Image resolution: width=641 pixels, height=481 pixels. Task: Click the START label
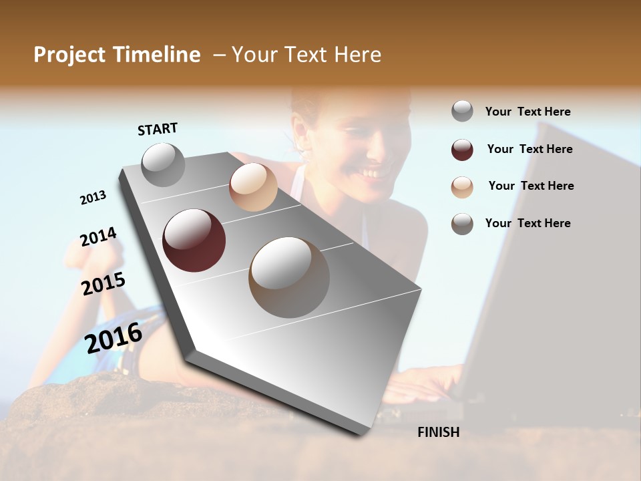coord(158,129)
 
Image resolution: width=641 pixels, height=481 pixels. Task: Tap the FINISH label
coord(438,432)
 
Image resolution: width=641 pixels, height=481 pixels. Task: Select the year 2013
coord(93,198)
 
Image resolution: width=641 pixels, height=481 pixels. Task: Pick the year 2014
coord(98,236)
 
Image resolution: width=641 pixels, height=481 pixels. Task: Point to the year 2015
coord(103,284)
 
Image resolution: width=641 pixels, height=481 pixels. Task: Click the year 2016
coord(114,337)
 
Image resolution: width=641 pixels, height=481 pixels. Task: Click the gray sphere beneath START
coord(163,164)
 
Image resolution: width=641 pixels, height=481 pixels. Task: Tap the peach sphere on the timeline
coord(253,186)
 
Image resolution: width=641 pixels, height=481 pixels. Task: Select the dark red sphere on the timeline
coord(194,240)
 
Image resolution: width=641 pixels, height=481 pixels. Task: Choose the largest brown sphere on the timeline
coord(289,277)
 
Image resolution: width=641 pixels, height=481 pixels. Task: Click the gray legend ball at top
coord(462,111)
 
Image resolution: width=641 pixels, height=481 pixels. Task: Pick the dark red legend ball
coord(462,150)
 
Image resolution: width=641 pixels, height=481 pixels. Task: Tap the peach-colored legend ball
coord(462,186)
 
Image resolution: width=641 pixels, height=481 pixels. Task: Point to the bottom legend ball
coord(462,224)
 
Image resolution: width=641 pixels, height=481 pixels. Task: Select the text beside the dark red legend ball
coord(529,149)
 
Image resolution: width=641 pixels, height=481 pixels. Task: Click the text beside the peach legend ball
coord(531,186)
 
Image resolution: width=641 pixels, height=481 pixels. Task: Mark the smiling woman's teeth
coord(373,172)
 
